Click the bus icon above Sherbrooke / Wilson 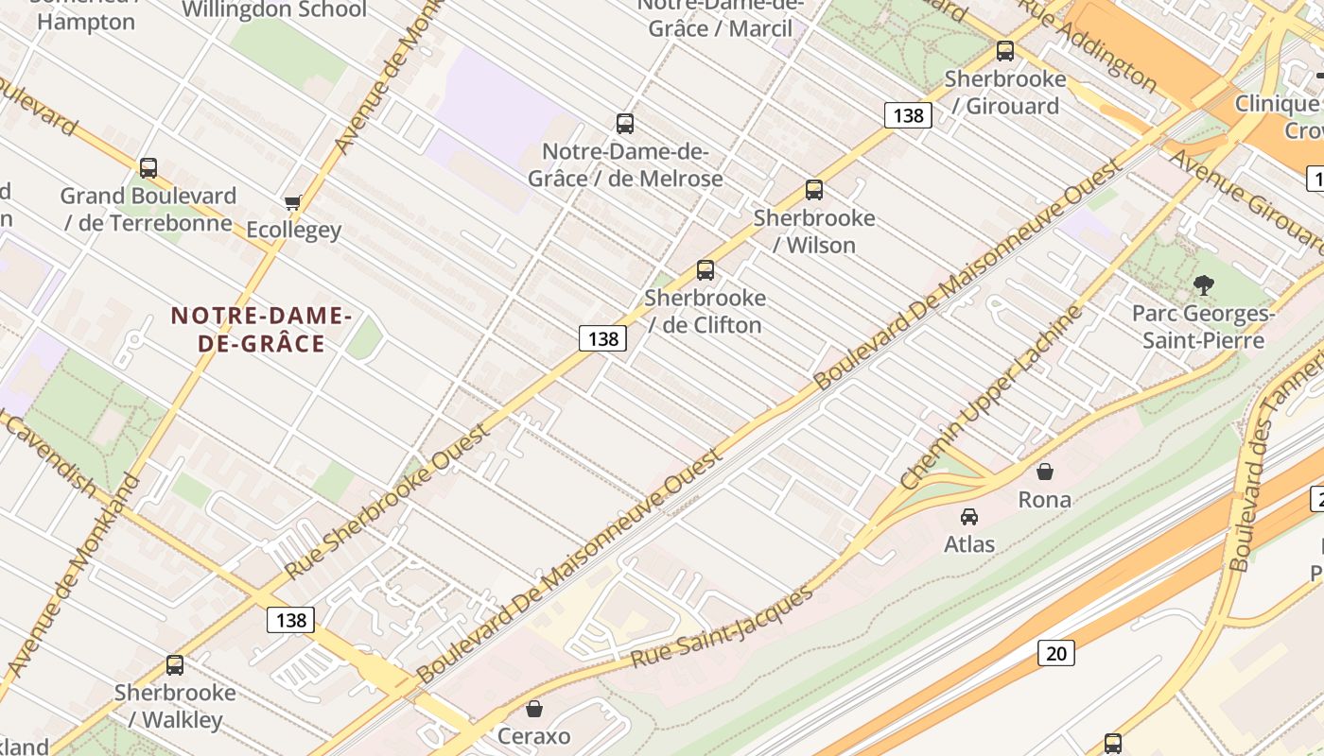click(x=813, y=190)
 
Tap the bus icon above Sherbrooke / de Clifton click(x=705, y=270)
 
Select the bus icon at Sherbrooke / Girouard click(x=1004, y=51)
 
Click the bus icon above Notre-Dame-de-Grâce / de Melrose click(x=624, y=124)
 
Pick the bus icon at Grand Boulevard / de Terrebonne click(x=148, y=168)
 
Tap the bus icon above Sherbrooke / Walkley click(x=175, y=665)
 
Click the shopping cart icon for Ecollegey click(x=292, y=203)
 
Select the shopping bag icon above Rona click(x=1044, y=472)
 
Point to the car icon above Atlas click(x=968, y=517)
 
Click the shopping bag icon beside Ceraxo click(x=534, y=709)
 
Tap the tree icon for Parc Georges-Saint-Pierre click(x=1203, y=284)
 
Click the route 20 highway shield click(x=1055, y=653)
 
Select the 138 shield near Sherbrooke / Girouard click(x=908, y=115)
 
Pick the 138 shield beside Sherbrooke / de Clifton click(x=602, y=338)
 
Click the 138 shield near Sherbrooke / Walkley click(x=290, y=620)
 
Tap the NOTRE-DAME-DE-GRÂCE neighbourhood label click(x=261, y=330)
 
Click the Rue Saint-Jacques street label click(x=721, y=627)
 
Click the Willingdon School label click(x=274, y=10)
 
